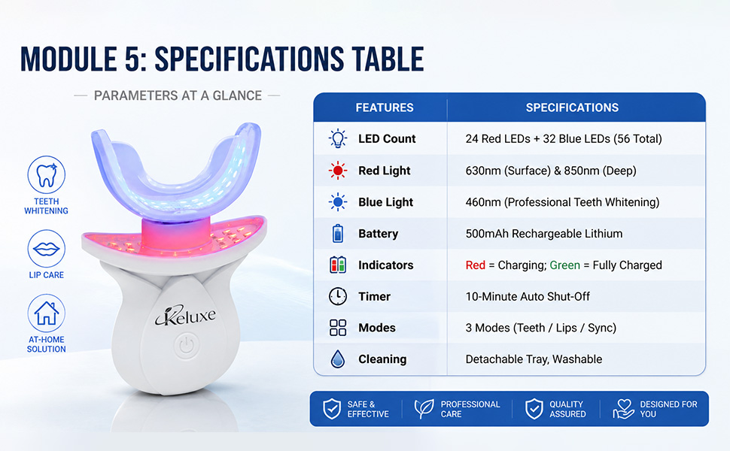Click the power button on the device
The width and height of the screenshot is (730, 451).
186,346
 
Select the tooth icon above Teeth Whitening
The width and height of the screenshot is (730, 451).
46,174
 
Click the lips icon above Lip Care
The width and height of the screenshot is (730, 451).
46,249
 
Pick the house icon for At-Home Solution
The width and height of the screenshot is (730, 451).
46,313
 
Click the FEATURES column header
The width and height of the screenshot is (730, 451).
385,108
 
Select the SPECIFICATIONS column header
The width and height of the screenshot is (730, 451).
572,108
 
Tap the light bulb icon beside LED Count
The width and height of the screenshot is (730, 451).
338,138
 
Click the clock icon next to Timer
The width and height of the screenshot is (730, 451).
338,296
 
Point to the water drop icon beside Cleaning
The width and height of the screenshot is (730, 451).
338,359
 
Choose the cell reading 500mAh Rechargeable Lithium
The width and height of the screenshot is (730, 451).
544,234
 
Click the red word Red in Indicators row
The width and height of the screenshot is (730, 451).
476,265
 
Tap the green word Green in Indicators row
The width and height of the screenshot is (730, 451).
564,265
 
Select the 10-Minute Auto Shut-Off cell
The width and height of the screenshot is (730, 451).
528,296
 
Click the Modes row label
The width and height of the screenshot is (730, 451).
377,328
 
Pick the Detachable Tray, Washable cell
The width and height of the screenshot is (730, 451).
534,359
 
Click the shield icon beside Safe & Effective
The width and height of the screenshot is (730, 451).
332,409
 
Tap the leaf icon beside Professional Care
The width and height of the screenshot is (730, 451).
424,409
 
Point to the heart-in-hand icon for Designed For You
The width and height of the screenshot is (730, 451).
623,409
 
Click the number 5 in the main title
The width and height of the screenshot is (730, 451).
132,59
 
